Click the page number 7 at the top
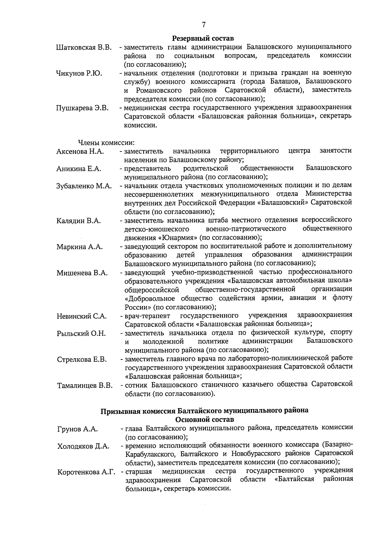[204, 24]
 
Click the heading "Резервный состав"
[203, 38]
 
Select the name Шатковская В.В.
[84, 48]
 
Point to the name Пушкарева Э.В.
[82, 108]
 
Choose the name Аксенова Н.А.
[80, 152]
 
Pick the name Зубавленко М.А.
[84, 186]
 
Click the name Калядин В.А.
[78, 221]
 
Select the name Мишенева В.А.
[82, 273]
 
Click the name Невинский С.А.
[82, 316]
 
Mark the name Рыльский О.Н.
[81, 334]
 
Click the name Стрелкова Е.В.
[82, 360]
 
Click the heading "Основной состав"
[204, 419]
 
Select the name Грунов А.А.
[77, 429]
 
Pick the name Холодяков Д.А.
[83, 447]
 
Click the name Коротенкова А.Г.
[86, 472]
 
